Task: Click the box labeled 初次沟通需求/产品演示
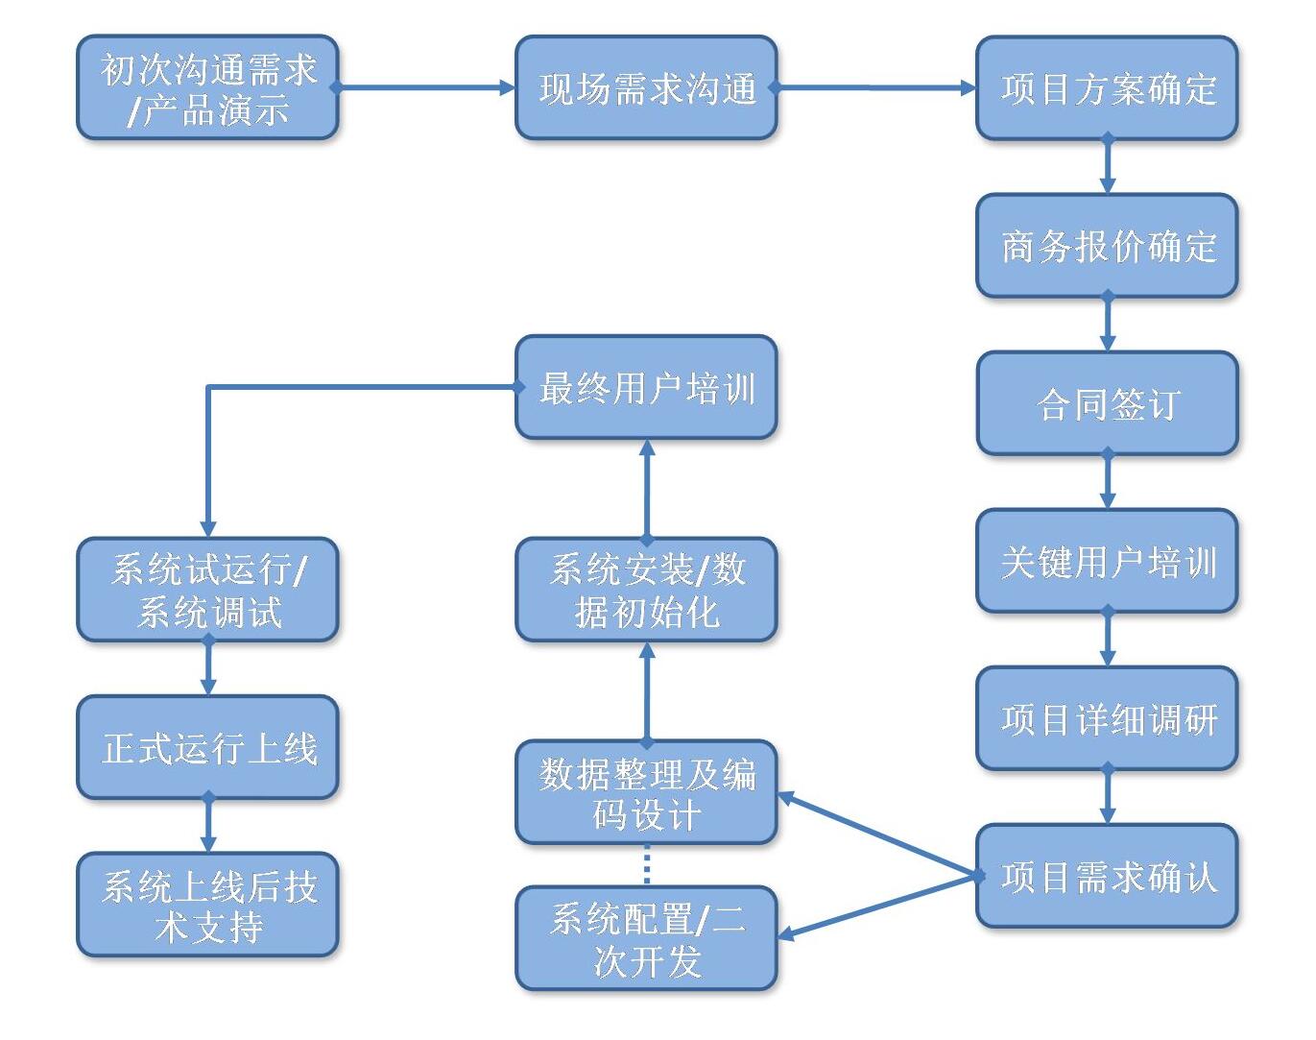point(207,88)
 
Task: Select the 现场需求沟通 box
point(646,88)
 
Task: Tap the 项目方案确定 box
point(1107,88)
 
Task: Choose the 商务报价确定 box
point(1107,246)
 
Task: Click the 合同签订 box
point(1107,403)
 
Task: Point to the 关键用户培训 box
point(1107,561)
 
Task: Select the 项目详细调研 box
point(1107,718)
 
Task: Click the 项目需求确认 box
point(1107,876)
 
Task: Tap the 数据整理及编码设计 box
point(646,792)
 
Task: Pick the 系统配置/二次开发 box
point(646,938)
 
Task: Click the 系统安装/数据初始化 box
point(646,590)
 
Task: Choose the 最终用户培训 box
point(646,387)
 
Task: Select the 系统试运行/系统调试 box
point(207,590)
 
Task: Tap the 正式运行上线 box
point(207,747)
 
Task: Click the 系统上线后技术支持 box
point(207,905)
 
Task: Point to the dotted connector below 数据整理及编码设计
point(646,864)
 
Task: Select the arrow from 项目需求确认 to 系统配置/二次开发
point(878,906)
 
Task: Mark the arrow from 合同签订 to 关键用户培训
point(1107,481)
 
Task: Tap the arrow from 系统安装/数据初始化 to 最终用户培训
point(646,489)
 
